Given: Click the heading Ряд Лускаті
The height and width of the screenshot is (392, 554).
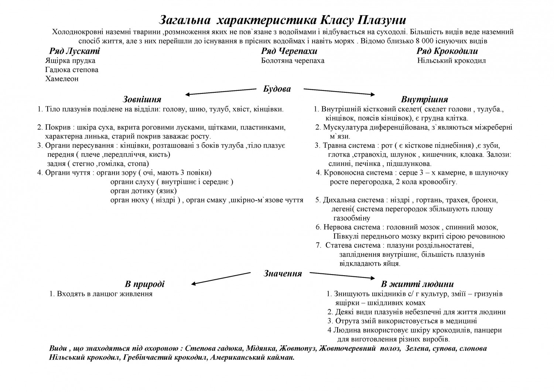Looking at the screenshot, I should pos(74,51).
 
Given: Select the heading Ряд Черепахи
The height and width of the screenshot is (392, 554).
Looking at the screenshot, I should pos(289,51).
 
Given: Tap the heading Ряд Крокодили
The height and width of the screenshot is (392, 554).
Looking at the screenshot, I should pos(447,51).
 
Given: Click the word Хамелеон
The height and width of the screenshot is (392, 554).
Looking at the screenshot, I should pos(62,79).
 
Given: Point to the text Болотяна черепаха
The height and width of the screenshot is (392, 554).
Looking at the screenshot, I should pos(293,61).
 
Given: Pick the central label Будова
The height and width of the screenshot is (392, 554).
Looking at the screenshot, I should pos(277,89).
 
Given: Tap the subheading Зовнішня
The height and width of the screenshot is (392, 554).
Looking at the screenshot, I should pos(142,99).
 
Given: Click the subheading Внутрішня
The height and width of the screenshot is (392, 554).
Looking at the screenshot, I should pos(424,99).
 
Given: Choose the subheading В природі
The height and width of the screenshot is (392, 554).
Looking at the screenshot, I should pos(144,284).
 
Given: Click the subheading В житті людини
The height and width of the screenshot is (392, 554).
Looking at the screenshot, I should pos(417,284).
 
